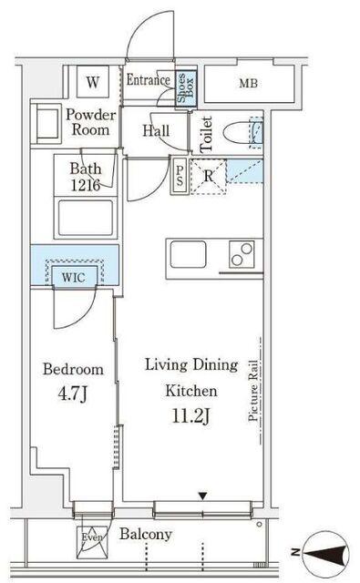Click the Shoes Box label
pyautogui.click(x=185, y=88)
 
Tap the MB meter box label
pyautogui.click(x=249, y=83)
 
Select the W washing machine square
pyautogui.click(x=93, y=82)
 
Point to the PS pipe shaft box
pyautogui.click(x=180, y=176)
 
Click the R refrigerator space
pyautogui.click(x=209, y=177)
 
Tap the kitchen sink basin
pyautogui.click(x=188, y=254)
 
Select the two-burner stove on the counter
pyautogui.click(x=242, y=254)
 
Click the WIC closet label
pyautogui.click(x=73, y=277)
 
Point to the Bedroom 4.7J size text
pyautogui.click(x=73, y=394)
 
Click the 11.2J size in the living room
pyautogui.click(x=190, y=415)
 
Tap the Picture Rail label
pyautogui.click(x=253, y=391)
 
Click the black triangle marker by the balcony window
pyautogui.click(x=202, y=496)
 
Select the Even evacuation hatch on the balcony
pyautogui.click(x=92, y=543)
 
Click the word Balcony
pyautogui.click(x=146, y=535)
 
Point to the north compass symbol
pyautogui.click(x=324, y=552)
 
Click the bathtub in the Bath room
pyautogui.click(x=86, y=218)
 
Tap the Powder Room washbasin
pyautogui.click(x=46, y=124)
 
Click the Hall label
pyautogui.click(x=156, y=130)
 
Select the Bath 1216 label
pyautogui.click(x=86, y=177)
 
